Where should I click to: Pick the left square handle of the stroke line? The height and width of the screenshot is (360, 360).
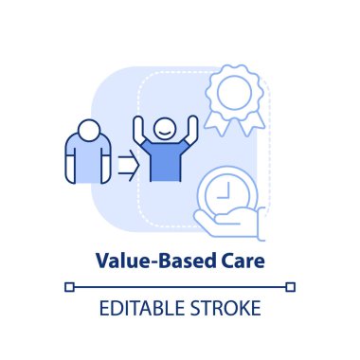coord(69,287)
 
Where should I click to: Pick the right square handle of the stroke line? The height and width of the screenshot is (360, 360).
coord(290,287)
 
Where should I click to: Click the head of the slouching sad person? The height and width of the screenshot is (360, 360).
coord(89,131)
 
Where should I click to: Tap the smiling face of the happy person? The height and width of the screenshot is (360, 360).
coord(165,129)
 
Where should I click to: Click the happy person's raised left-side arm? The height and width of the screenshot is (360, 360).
coord(139,130)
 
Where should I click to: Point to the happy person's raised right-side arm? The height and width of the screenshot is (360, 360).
coord(192,130)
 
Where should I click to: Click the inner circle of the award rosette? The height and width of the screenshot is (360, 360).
coord(234,93)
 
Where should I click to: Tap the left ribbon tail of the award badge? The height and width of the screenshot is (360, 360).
coord(215,125)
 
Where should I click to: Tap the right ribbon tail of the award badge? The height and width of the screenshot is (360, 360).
coord(254,124)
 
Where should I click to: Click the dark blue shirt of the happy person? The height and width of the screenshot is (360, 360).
coord(166,160)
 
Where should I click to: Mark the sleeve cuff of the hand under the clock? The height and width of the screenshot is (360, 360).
coord(261,225)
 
